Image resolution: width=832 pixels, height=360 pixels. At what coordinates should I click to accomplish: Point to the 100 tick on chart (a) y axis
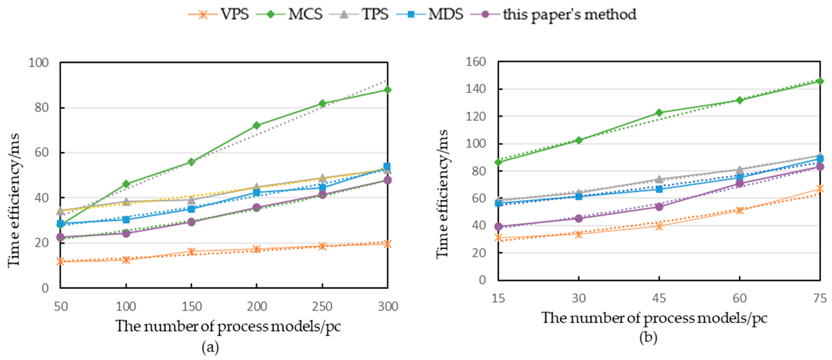pyautogui.click(x=38, y=62)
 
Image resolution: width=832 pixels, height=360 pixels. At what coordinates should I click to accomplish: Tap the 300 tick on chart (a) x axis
pyautogui.click(x=388, y=306)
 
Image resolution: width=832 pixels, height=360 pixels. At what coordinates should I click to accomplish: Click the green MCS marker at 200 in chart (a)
pyautogui.click(x=256, y=125)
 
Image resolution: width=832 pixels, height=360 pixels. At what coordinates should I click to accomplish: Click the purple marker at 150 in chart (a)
pyautogui.click(x=191, y=222)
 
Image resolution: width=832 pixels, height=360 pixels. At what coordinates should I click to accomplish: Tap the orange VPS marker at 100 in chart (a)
pyautogui.click(x=126, y=260)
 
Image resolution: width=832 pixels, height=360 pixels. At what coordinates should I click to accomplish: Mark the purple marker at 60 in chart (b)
pyautogui.click(x=739, y=183)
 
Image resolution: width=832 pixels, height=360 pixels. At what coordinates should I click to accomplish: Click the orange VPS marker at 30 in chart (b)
pyautogui.click(x=579, y=234)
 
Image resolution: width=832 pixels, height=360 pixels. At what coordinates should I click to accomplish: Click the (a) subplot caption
pyautogui.click(x=210, y=348)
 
